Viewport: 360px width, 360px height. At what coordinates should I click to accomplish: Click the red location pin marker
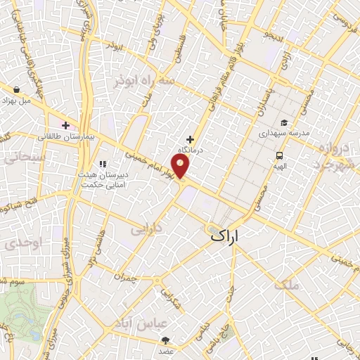(x=181, y=166)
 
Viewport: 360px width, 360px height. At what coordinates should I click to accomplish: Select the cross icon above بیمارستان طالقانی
(x=66, y=125)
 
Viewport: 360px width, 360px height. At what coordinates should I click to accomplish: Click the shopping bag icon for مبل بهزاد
(x=16, y=89)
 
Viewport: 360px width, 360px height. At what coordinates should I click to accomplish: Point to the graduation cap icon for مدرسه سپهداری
(x=284, y=122)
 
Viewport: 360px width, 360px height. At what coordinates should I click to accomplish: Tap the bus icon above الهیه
(x=280, y=156)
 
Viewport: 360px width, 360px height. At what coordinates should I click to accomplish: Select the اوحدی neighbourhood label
(x=15, y=244)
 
